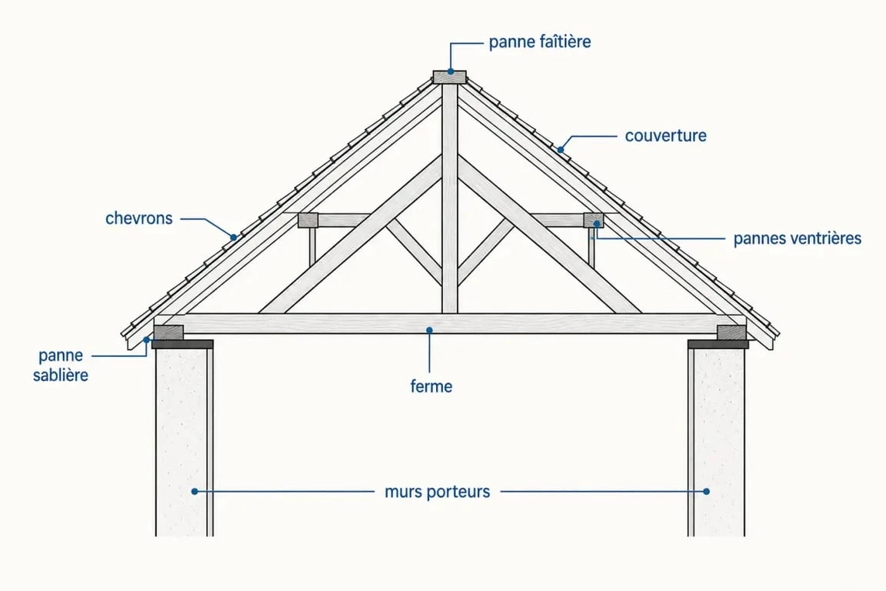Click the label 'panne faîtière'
(x=540, y=42)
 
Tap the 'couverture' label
(x=665, y=135)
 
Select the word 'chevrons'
(x=139, y=219)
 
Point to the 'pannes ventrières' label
(x=798, y=239)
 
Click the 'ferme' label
(x=431, y=387)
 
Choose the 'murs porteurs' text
(x=438, y=492)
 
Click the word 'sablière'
(x=61, y=376)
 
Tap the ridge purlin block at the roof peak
(x=450, y=77)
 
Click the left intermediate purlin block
(x=308, y=220)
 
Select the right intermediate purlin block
(x=593, y=220)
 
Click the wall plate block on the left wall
(x=168, y=332)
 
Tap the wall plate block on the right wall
(x=731, y=332)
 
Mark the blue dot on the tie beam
(x=429, y=330)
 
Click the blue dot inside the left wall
(x=195, y=492)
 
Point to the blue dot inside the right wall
(x=706, y=492)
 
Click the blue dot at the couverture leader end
(x=561, y=150)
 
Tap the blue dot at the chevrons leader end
(x=233, y=238)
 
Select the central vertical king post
(x=450, y=199)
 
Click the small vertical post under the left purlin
(x=312, y=246)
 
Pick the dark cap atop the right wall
(x=718, y=344)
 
